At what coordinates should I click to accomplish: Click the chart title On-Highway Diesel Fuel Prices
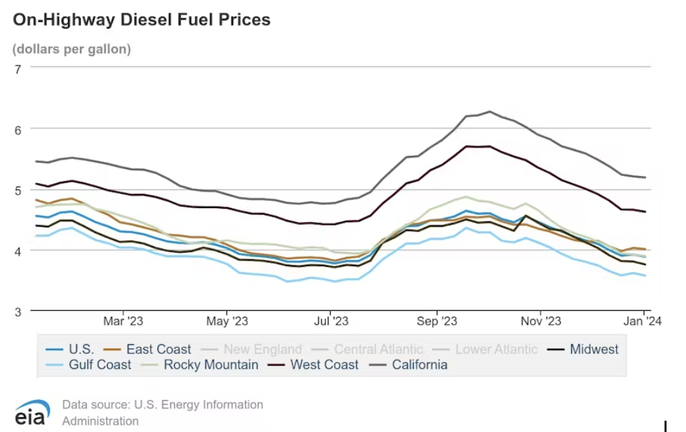click(x=141, y=20)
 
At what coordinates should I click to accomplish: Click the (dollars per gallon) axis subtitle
click(x=71, y=49)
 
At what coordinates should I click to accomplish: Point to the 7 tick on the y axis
click(x=18, y=68)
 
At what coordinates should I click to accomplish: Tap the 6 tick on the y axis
click(x=18, y=129)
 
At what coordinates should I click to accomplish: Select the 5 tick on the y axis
click(x=18, y=190)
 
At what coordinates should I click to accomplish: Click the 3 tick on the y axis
click(x=18, y=311)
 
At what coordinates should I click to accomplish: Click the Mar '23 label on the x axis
click(x=123, y=321)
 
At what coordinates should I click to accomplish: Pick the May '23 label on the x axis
click(x=227, y=321)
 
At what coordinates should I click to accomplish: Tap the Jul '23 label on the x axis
click(x=331, y=321)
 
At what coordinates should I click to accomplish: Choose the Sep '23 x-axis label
click(x=436, y=321)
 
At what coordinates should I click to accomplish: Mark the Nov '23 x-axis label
click(x=541, y=321)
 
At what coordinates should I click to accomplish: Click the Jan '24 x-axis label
click(x=643, y=321)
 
